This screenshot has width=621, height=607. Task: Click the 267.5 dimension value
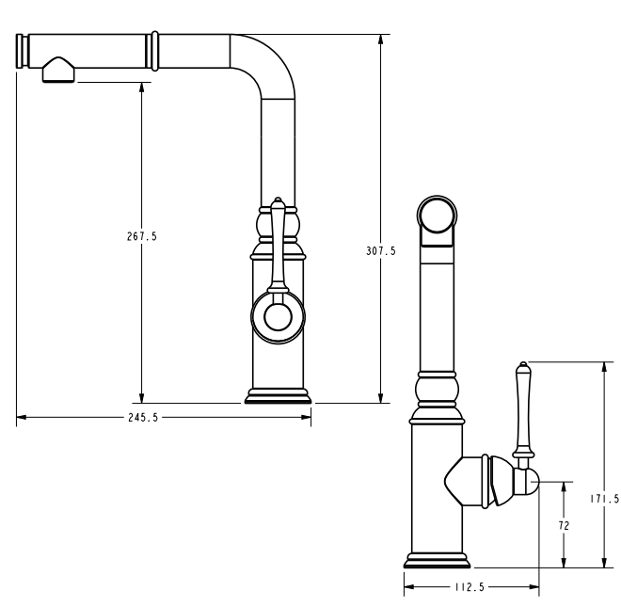coord(142,236)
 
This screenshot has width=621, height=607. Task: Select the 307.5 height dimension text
coord(381,251)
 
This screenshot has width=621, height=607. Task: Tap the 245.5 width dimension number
coord(143,418)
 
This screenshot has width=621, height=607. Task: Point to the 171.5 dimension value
coord(605,499)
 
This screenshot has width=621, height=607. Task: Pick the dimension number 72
coord(564,525)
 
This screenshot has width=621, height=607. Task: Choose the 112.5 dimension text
coord(470,587)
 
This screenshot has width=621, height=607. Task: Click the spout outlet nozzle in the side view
coord(58,71)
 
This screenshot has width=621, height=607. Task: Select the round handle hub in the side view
coord(278,317)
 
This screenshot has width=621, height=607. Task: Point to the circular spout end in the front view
coord(437,215)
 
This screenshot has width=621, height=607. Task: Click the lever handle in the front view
coord(523,412)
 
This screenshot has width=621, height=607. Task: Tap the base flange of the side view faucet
coord(278,396)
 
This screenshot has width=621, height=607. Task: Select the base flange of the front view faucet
coord(437,561)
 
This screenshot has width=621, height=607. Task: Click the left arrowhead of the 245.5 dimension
coord(22,417)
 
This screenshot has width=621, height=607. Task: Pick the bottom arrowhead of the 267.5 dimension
coord(142,398)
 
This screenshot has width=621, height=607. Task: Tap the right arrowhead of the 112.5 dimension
coord(533,587)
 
